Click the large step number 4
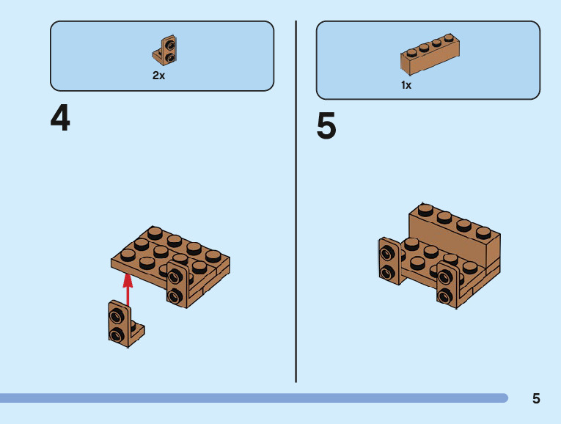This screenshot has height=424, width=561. (60, 119)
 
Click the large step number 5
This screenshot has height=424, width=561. (326, 127)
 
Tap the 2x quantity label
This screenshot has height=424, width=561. (158, 76)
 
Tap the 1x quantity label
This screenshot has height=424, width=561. (406, 85)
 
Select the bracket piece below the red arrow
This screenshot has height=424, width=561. (121, 324)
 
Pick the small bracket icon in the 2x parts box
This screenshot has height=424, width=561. (167, 50)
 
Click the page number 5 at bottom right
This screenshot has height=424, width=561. (536, 398)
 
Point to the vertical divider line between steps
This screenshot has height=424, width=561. (296, 198)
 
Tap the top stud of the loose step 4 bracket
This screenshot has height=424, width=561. (116, 317)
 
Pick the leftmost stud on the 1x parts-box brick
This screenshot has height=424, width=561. (412, 51)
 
